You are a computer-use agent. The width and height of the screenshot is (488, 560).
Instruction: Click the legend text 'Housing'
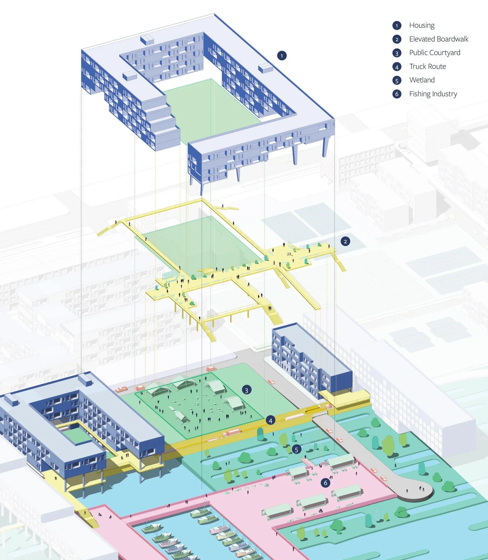tap(422, 25)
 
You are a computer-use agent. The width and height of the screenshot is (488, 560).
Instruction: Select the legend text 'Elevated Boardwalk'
tap(439, 39)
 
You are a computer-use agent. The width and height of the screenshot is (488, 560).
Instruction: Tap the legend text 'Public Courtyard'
tap(435, 53)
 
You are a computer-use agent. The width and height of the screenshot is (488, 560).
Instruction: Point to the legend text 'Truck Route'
tap(428, 67)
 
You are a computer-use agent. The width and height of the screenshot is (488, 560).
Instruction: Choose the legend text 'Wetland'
tap(422, 80)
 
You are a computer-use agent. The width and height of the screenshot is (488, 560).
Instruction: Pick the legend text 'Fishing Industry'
tap(433, 94)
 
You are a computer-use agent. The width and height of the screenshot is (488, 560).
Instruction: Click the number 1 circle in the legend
tap(397, 26)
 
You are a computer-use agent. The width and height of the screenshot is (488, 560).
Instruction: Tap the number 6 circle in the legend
tap(397, 94)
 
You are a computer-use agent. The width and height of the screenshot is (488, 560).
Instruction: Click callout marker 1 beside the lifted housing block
tap(282, 56)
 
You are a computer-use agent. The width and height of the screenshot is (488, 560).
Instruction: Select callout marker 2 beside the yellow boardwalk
tap(345, 241)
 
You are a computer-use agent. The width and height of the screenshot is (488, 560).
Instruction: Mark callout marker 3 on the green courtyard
tap(247, 390)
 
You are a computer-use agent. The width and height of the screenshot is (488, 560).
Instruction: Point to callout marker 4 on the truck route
tap(271, 421)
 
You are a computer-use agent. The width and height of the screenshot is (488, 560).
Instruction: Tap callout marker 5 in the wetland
tap(296, 450)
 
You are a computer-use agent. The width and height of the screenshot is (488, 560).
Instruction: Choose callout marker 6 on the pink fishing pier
tap(326, 483)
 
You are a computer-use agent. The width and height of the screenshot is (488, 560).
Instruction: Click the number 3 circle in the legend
tap(397, 53)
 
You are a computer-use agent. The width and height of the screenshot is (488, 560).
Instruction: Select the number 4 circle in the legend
tap(397, 67)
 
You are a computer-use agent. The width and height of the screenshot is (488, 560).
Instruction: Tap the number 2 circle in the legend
tap(397, 39)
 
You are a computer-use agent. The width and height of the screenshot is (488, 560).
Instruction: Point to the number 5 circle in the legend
tap(397, 80)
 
